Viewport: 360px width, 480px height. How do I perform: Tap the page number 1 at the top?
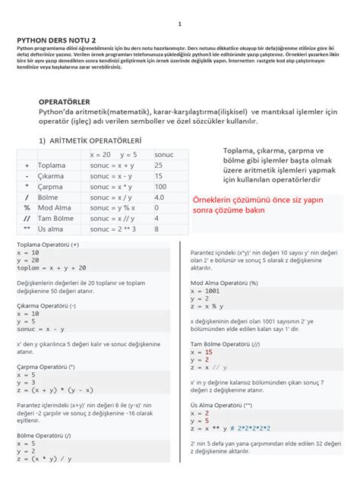pos(180,24)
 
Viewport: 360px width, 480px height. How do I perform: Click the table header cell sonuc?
pos(163,154)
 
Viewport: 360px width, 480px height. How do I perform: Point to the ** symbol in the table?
pos(27,228)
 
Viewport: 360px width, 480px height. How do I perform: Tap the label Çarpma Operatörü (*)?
pos(46,365)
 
